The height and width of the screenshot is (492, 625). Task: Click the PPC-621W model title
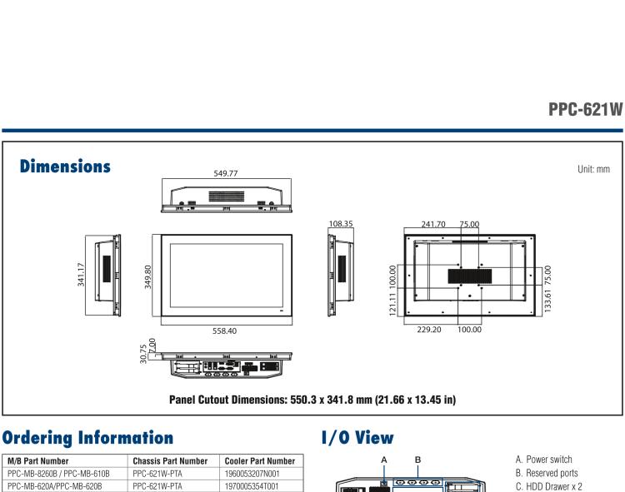pos(585,109)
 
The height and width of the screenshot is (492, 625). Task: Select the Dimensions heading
pos(65,166)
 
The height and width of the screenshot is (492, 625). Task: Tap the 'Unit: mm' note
pos(593,169)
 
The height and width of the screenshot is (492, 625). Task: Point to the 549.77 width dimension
pos(226,173)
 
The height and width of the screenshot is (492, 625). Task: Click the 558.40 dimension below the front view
pos(224,330)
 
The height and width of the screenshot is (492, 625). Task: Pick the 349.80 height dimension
pos(147,276)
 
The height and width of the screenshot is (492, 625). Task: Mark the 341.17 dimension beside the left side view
pos(81,274)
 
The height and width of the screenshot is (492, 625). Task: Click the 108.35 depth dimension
pos(341,224)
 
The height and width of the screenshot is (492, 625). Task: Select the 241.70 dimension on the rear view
pos(433,224)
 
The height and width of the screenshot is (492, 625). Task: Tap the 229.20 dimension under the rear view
pos(429,330)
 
